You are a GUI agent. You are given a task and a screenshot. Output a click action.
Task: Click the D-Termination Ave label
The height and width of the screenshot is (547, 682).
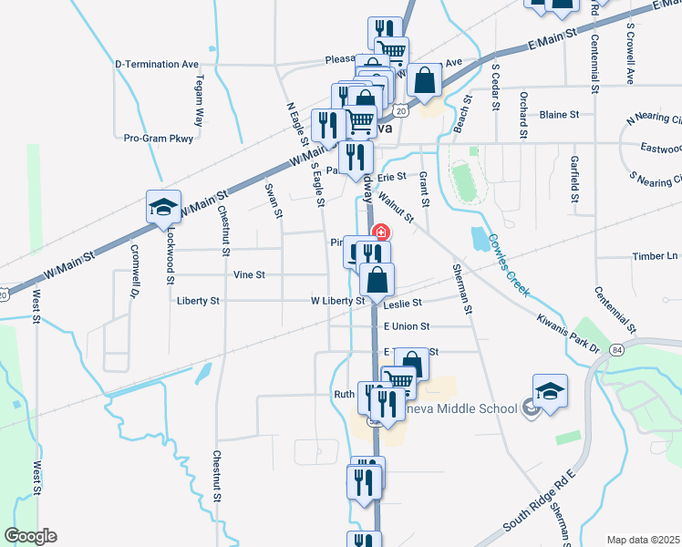157,65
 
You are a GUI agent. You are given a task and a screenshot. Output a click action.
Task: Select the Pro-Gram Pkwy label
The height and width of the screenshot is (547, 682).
160,139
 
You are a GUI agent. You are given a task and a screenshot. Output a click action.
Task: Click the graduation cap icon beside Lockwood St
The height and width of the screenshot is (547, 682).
164,207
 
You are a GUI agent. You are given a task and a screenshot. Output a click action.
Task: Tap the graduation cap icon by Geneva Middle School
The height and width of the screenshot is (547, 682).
550,391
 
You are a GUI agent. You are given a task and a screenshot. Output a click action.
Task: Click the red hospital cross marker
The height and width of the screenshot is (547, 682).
380,233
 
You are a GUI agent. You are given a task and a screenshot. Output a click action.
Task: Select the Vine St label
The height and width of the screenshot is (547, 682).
249,274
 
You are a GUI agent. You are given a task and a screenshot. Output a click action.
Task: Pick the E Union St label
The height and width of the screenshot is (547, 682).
407,325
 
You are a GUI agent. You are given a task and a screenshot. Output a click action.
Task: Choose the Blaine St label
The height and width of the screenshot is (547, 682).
559,115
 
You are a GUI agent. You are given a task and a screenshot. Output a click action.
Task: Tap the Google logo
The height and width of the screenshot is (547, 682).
30,536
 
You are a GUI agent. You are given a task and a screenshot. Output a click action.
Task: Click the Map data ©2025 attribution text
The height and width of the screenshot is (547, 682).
644,540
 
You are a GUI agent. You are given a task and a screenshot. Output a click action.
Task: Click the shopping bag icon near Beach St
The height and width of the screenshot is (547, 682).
425,80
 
